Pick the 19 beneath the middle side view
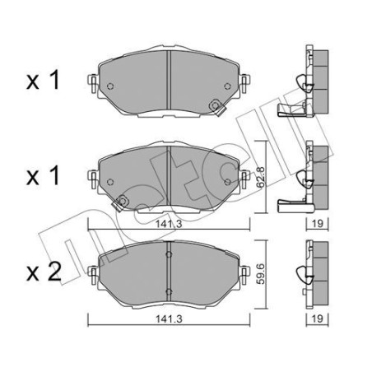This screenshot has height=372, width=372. click(317, 223)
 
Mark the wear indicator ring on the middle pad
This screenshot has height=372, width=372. click(122, 198)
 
